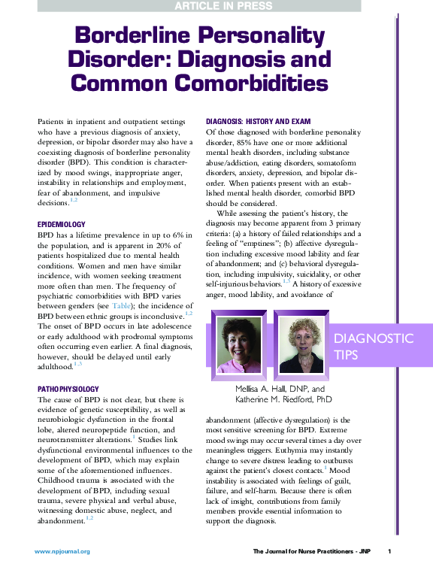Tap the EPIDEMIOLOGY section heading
pyautogui.click(x=62, y=224)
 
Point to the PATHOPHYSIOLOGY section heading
pyautogui.click(x=69, y=389)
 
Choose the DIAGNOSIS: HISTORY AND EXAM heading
pyautogui.click(x=258, y=122)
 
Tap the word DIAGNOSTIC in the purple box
pyautogui.click(x=373, y=338)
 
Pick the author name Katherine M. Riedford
pyautogui.click(x=283, y=400)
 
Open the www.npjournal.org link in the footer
pyautogui.click(x=62, y=552)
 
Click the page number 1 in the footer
pyautogui.click(x=389, y=552)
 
